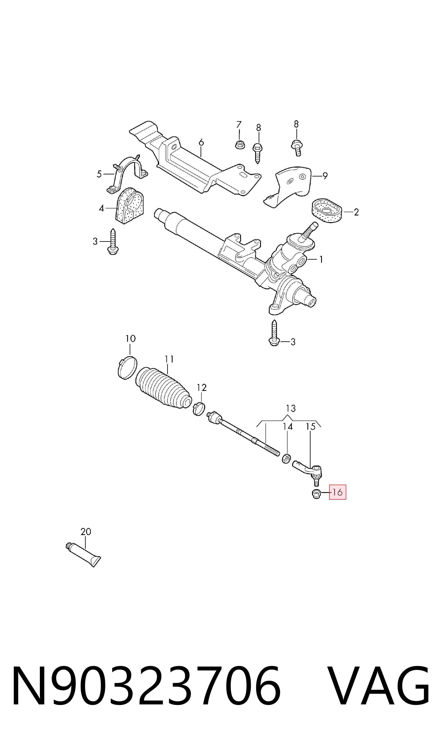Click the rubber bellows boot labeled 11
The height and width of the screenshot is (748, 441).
163,388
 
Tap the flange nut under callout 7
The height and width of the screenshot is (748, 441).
240,145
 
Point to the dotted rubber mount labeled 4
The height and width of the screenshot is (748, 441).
129,206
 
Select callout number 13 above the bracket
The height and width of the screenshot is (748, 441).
291,409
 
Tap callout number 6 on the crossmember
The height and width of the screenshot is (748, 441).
201,143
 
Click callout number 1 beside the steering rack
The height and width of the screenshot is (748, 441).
321,260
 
